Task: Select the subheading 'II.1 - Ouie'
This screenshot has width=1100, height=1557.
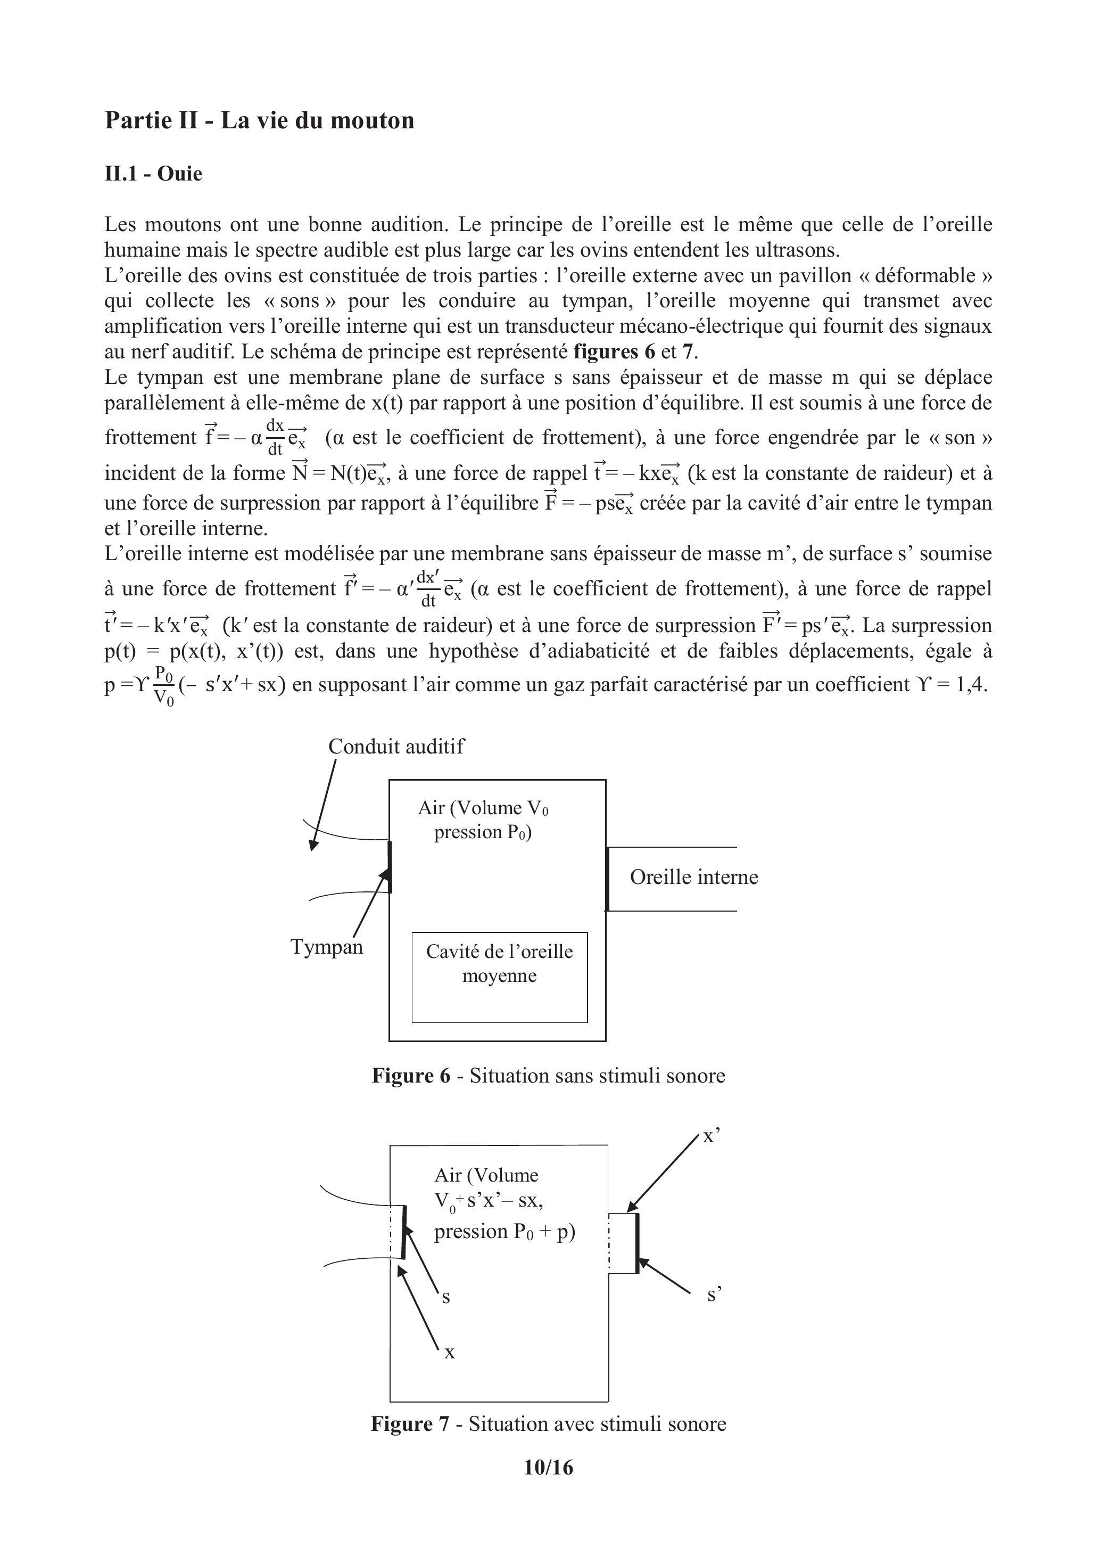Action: pyautogui.click(x=153, y=174)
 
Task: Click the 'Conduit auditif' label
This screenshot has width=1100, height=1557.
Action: pyautogui.click(x=396, y=747)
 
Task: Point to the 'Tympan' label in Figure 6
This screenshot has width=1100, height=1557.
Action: pyautogui.click(x=327, y=947)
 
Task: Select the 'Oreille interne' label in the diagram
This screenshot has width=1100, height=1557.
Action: pyautogui.click(x=693, y=877)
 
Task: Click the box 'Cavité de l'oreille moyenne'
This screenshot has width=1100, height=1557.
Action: pyautogui.click(x=500, y=977)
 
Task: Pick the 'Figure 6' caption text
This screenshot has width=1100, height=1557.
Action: pyautogui.click(x=548, y=1076)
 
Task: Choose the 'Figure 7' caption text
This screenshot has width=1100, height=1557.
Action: pyautogui.click(x=548, y=1423)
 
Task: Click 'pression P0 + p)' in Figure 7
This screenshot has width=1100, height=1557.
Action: pyautogui.click(x=504, y=1231)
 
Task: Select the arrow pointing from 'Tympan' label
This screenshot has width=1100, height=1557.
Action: pyautogui.click(x=371, y=905)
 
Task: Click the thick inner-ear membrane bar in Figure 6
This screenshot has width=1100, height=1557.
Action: pyautogui.click(x=607, y=878)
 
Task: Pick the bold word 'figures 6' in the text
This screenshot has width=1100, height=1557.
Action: pyautogui.click(x=614, y=352)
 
